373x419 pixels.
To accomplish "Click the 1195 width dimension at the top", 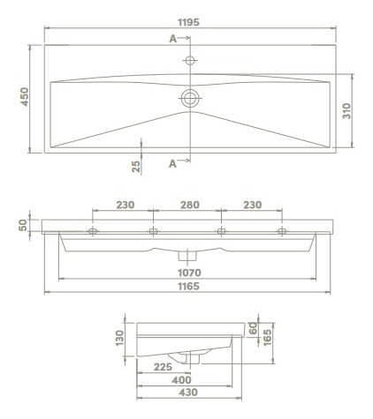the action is click(x=188, y=22).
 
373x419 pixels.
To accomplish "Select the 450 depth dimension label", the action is click(x=24, y=97).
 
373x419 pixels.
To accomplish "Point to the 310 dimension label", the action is click(x=346, y=111).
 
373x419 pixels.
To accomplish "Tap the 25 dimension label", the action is click(x=136, y=167).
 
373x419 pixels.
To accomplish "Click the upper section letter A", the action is click(x=172, y=39).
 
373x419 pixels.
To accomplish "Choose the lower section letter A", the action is click(x=172, y=164).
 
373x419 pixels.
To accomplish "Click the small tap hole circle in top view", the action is click(x=190, y=60).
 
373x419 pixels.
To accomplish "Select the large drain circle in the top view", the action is click(x=190, y=98).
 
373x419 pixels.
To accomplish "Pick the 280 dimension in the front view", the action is click(x=190, y=205).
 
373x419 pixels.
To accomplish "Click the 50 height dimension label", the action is click(x=23, y=225).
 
